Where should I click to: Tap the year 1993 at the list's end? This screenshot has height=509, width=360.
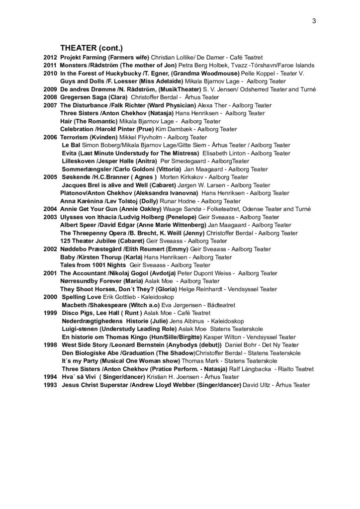click(51, 385)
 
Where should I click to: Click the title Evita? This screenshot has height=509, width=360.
click(69, 153)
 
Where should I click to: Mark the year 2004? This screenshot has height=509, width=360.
click(50, 209)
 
